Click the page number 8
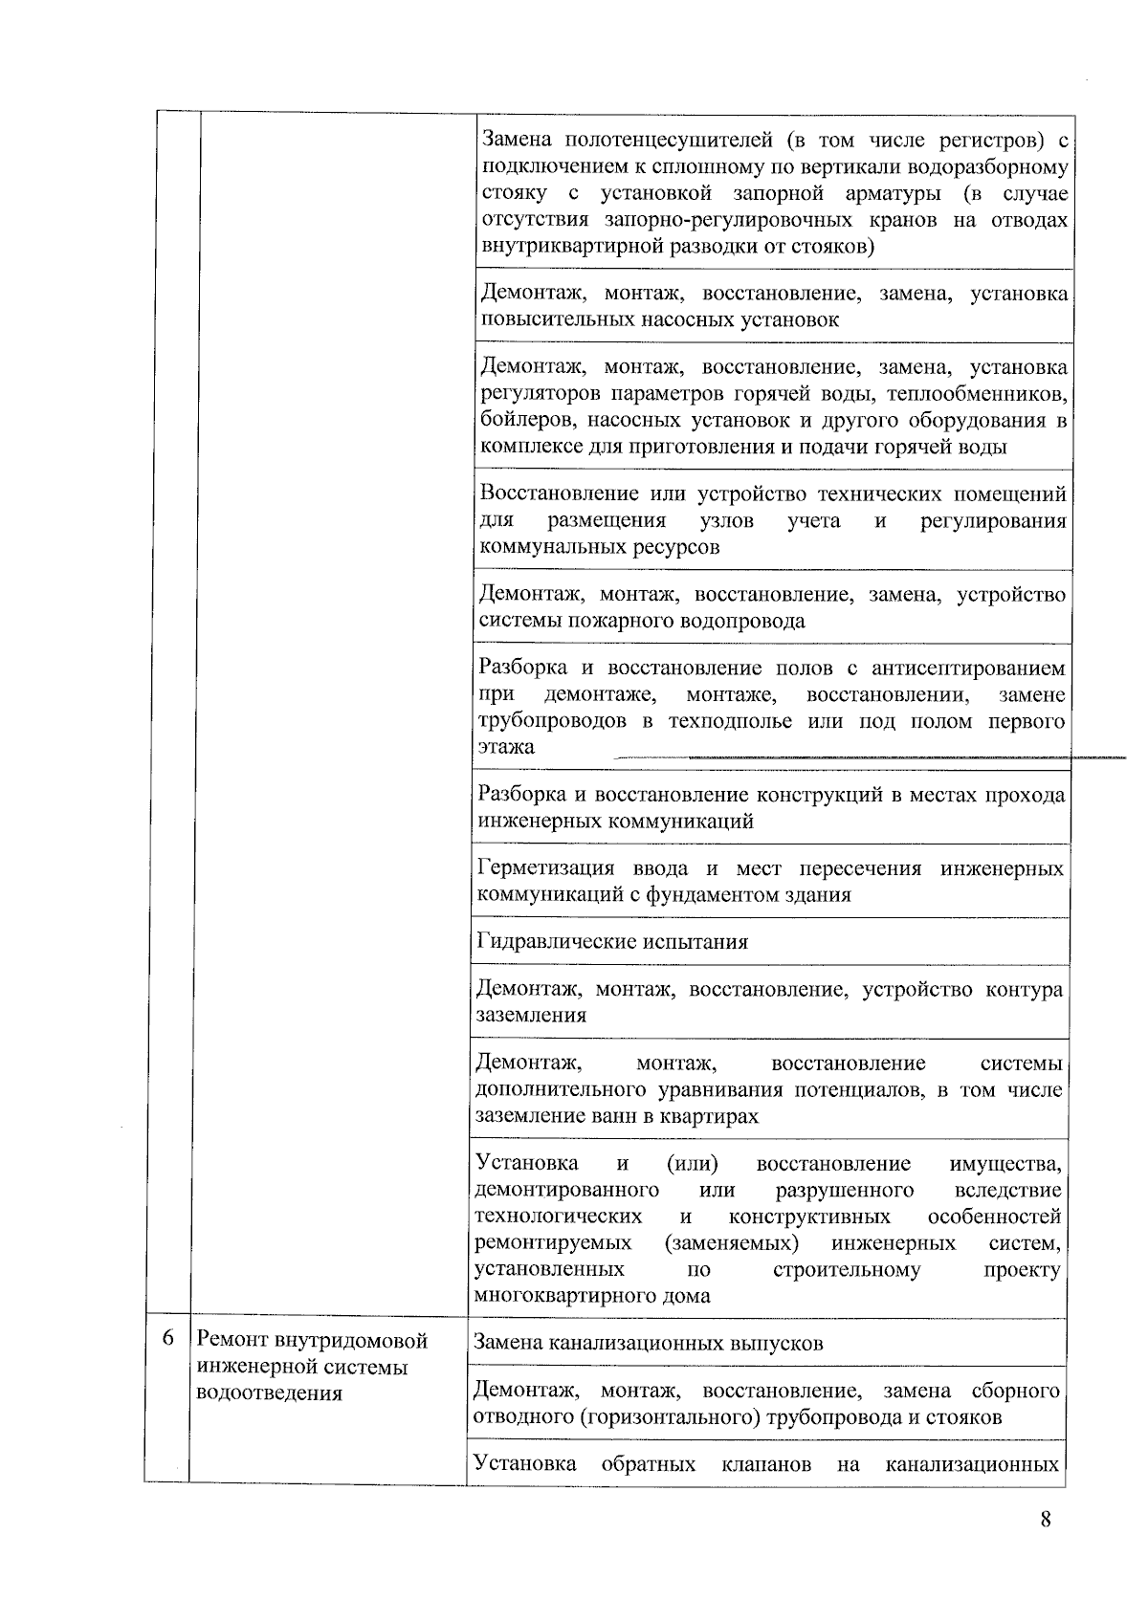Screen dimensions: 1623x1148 coord(1046,1520)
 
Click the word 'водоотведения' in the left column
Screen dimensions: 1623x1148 coord(269,1393)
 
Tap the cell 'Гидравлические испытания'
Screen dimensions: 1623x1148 coord(612,942)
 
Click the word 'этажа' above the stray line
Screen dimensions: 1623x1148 coord(506,748)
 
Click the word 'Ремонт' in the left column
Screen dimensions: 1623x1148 coord(232,1340)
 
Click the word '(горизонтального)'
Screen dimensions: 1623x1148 coord(669,1417)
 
